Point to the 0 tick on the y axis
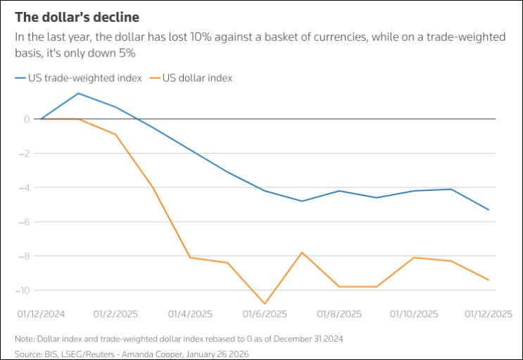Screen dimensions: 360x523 (26, 119)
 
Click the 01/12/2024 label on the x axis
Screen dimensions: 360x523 (41, 314)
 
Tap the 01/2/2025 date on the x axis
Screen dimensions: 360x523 (115, 314)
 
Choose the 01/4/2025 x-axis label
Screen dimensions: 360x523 (190, 314)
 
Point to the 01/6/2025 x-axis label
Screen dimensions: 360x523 (265, 314)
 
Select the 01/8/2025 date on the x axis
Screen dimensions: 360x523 (339, 314)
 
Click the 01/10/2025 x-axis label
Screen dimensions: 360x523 (414, 314)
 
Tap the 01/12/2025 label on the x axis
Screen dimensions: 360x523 (489, 314)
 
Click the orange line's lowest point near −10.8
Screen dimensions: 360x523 (265, 304)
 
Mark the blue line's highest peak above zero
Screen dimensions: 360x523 (77, 93)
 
